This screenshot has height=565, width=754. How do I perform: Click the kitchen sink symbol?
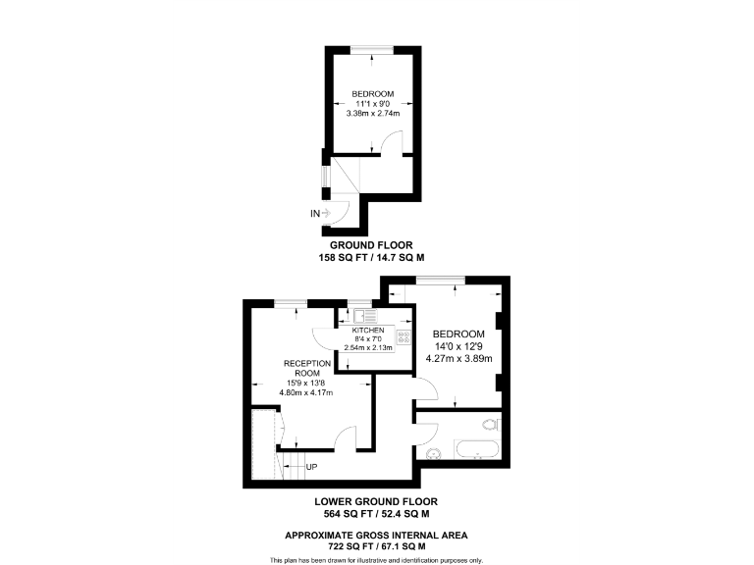pos(362,315)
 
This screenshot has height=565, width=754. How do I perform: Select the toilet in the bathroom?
pos(491,426)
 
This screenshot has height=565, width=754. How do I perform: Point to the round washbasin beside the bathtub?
pos(433,452)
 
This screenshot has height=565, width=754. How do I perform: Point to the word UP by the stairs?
pos(311,466)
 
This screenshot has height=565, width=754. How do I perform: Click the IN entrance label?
pos(315,212)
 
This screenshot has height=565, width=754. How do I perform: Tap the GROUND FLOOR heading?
pos(370,244)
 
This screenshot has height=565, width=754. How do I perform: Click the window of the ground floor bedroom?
pos(370,49)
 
